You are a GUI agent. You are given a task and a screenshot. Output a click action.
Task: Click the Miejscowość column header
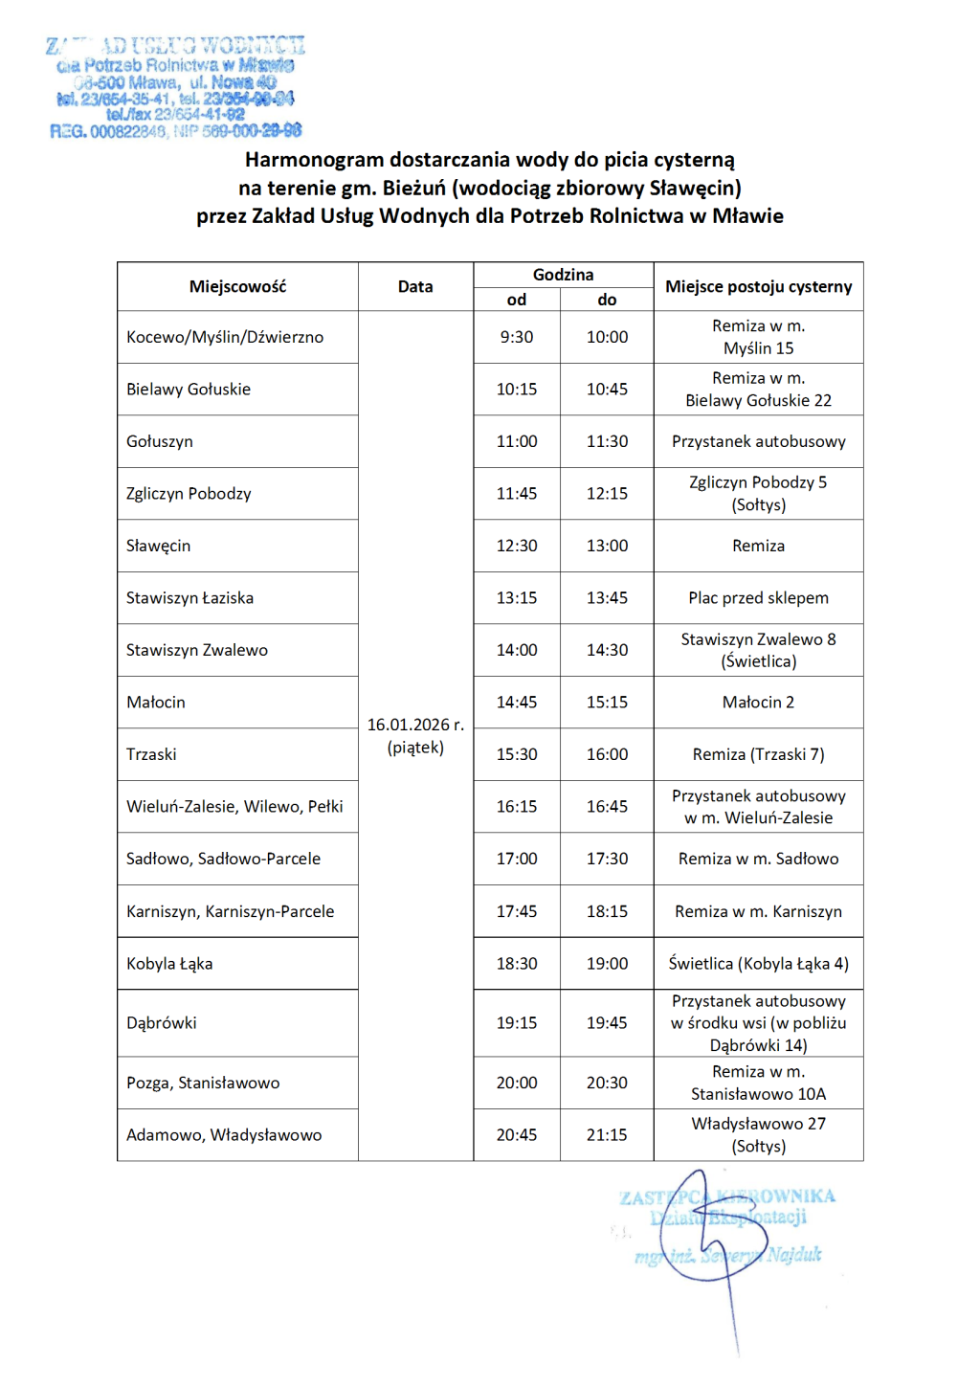(x=237, y=286)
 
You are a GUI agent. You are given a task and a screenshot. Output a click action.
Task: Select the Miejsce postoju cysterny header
(x=758, y=286)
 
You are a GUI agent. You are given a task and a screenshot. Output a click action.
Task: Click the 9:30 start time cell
(x=517, y=337)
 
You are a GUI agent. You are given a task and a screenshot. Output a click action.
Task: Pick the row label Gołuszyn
(x=160, y=441)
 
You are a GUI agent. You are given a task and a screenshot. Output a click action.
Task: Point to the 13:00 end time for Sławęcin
(x=607, y=546)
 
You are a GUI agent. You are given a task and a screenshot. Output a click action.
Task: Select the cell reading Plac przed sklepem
(x=758, y=597)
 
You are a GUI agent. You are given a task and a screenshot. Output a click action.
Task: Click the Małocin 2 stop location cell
(x=758, y=702)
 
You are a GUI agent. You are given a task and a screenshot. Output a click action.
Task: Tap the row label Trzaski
(x=151, y=754)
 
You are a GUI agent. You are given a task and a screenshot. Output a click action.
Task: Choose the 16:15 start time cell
(x=517, y=806)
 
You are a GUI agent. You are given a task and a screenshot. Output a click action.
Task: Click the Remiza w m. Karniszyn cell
(x=758, y=911)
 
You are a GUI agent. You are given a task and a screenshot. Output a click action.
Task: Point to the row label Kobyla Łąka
(x=169, y=964)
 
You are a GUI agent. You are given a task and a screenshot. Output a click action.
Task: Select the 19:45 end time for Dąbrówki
(x=607, y=1022)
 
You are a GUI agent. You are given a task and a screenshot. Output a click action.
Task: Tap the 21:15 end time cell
(x=607, y=1134)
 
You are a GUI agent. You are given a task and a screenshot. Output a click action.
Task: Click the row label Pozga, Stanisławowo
(x=203, y=1083)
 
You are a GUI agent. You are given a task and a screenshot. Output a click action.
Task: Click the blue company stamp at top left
(x=175, y=87)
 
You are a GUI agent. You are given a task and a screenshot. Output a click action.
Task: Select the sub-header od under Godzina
(x=517, y=300)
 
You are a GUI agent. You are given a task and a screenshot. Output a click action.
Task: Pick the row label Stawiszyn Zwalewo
(x=197, y=650)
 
